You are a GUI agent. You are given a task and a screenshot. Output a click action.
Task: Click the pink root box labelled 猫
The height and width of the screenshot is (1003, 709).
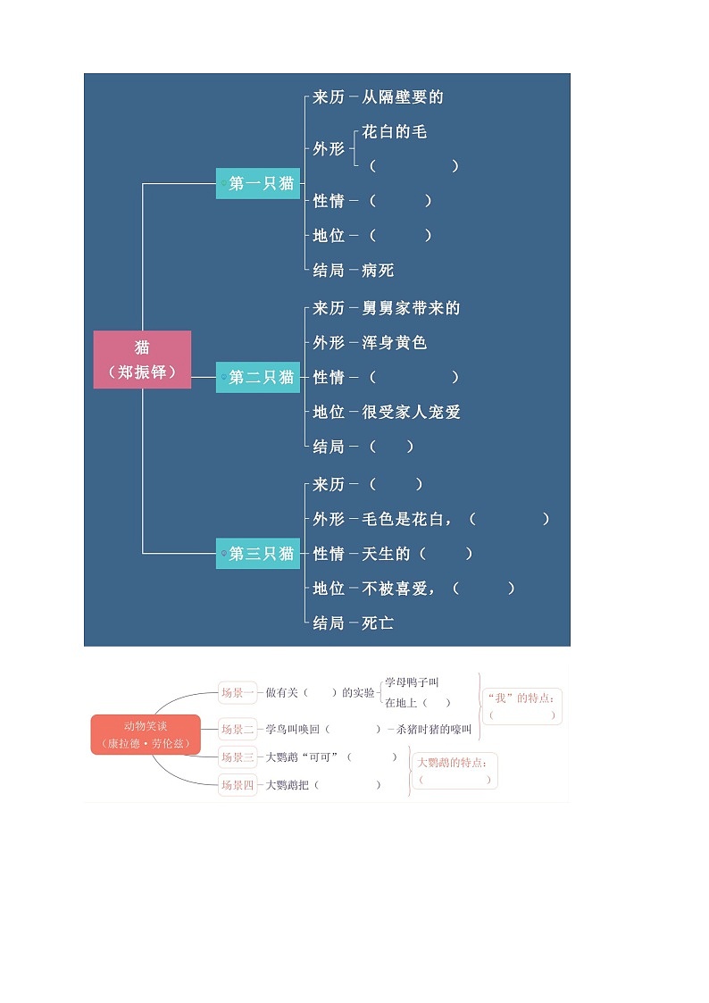[142, 359]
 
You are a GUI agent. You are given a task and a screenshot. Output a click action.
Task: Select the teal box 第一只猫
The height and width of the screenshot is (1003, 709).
[258, 183]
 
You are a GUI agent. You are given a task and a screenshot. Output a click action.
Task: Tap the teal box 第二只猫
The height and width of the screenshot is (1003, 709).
[258, 377]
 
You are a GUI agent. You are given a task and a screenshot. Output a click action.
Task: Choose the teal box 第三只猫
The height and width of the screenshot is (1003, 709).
[258, 554]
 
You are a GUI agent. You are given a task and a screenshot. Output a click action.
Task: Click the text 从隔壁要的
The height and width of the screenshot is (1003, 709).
[403, 97]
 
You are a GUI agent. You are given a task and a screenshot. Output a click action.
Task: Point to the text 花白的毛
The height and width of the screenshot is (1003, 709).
[395, 132]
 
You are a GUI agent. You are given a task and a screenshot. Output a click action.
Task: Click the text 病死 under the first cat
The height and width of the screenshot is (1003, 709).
[378, 270]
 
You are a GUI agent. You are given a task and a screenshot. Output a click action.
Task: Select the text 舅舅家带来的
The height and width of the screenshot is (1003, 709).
[411, 308]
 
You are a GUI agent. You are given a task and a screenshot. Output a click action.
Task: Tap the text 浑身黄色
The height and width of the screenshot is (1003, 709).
[395, 343]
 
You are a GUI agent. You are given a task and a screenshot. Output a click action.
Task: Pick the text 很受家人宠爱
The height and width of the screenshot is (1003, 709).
[411, 412]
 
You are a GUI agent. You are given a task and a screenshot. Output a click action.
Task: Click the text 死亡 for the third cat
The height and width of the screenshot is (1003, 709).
[378, 623]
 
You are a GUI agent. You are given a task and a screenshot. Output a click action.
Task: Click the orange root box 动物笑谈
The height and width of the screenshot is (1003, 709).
[146, 734]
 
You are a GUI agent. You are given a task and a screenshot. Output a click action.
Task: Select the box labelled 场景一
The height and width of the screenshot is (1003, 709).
[238, 692]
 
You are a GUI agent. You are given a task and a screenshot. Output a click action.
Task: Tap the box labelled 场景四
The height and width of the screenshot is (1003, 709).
[238, 785]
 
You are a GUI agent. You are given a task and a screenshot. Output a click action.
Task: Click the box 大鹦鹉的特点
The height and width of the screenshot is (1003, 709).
[455, 771]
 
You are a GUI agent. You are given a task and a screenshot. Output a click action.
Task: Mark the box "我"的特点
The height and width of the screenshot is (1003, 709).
[522, 706]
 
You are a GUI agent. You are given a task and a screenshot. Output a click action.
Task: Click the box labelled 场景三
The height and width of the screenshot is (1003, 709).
[238, 756]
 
